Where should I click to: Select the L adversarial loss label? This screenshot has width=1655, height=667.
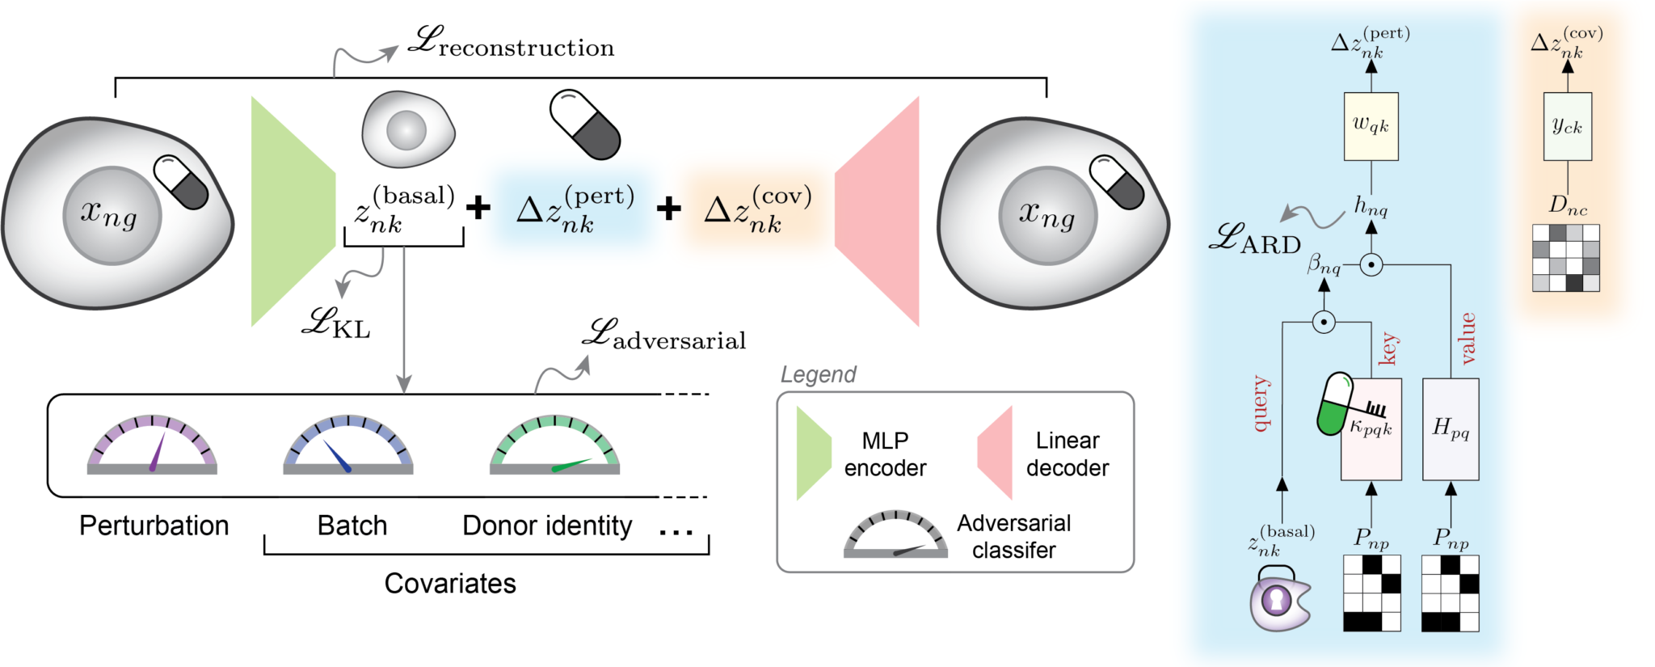click(665, 336)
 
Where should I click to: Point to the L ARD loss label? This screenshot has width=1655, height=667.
click(1255, 240)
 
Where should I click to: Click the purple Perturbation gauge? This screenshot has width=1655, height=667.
click(152, 445)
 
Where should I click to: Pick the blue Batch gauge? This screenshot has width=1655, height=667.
click(347, 445)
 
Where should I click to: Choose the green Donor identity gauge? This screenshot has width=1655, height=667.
click(554, 445)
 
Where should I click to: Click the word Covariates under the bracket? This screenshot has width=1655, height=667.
click(450, 584)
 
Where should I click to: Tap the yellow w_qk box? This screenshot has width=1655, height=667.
click(1371, 126)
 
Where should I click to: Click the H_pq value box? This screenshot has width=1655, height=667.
click(1451, 429)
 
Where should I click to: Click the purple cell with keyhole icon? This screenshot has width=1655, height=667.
click(1278, 600)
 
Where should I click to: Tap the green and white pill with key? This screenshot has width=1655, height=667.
click(1335, 404)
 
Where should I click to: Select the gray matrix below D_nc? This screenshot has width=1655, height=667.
click(1566, 258)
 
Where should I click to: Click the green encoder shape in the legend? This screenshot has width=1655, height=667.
click(813, 454)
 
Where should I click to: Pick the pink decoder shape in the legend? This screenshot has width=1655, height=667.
click(996, 454)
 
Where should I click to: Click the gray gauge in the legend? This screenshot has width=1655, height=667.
click(895, 535)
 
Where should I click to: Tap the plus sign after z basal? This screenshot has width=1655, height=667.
click(478, 208)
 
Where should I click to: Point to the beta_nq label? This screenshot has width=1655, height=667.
click(1324, 264)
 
